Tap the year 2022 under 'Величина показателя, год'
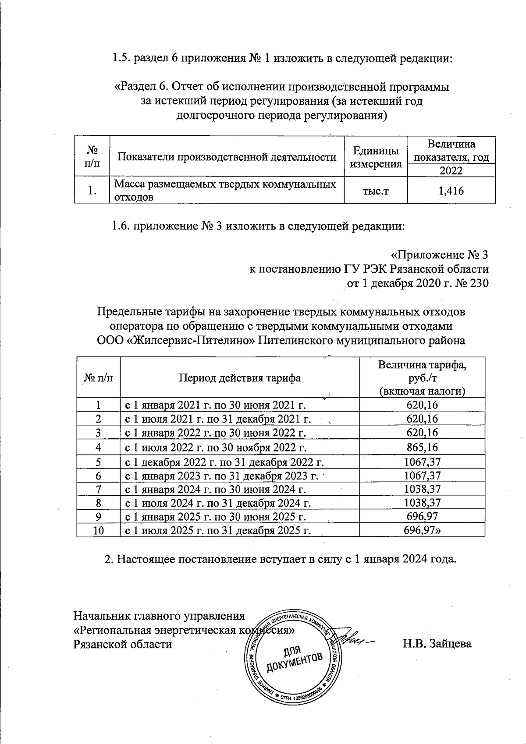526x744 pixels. click(451, 171)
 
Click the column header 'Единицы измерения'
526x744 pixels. click(376, 157)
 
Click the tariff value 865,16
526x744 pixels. click(422, 448)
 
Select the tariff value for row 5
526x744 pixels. click(422, 462)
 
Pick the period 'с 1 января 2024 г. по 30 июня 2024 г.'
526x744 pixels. click(216, 489)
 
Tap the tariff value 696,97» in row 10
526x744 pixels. click(422, 531)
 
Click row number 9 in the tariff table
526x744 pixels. click(99, 517)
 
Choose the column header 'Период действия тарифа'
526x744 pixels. click(239, 378)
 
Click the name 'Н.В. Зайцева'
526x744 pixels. click(437, 644)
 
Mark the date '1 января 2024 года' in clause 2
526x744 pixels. click(405, 560)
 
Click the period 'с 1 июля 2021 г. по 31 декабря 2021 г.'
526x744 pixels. click(218, 419)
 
